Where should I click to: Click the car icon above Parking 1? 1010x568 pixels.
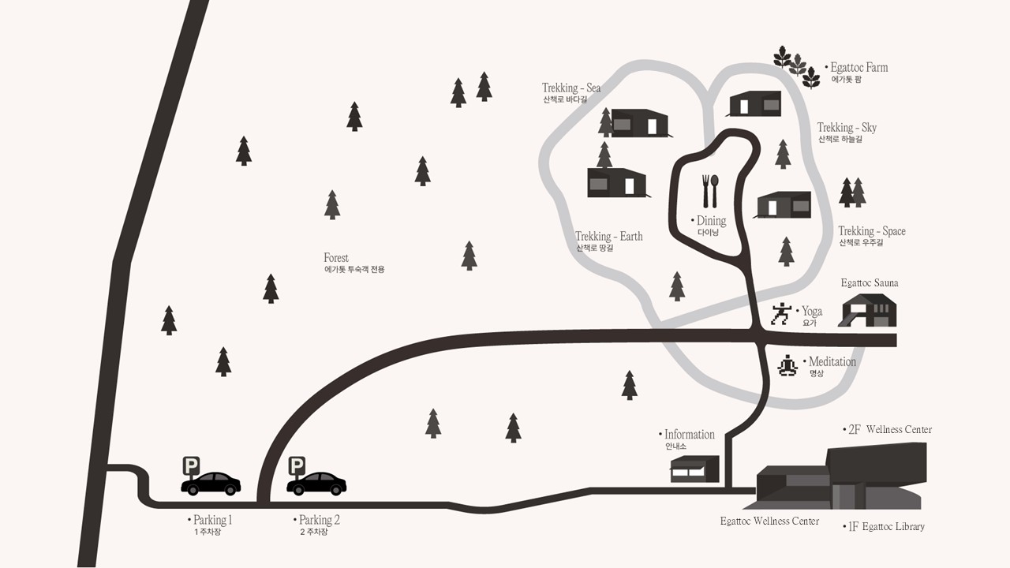click(211, 484)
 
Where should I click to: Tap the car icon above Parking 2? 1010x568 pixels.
click(316, 484)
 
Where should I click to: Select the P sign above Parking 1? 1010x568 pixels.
click(191, 465)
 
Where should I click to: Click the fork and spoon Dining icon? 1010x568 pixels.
click(710, 191)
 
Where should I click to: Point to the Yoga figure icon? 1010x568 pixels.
click(780, 314)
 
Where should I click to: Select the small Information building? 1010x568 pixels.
click(694, 469)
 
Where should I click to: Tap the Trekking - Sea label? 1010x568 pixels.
click(570, 88)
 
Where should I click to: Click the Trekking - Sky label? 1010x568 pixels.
click(847, 128)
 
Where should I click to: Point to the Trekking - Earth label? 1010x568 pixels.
click(608, 237)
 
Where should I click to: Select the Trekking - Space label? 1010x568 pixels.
click(871, 231)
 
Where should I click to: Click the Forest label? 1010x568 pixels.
click(336, 258)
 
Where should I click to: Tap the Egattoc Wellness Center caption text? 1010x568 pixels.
click(769, 521)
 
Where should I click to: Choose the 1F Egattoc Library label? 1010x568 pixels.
click(886, 526)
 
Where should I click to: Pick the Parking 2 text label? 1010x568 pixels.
click(318, 521)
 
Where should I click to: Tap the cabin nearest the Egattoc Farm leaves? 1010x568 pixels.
click(754, 103)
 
